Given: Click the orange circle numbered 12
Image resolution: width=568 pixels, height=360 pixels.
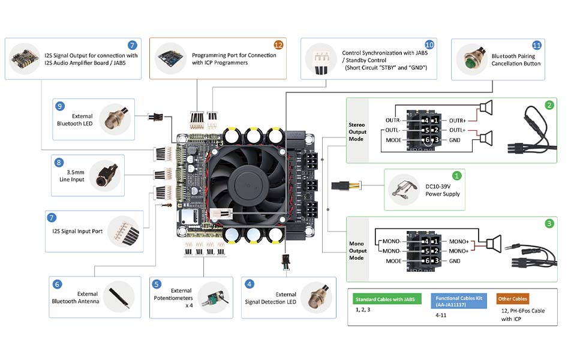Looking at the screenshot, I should coord(278,45).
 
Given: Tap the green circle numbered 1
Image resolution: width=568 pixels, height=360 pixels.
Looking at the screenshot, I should coord(457,176).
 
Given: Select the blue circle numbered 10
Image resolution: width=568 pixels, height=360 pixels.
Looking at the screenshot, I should coord(429,45).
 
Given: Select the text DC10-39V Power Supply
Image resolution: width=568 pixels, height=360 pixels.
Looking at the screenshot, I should coord(442,190).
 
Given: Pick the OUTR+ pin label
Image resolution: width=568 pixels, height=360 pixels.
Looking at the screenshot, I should coord(457,120).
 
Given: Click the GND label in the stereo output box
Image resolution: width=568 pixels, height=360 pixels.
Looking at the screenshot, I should coord(454,139).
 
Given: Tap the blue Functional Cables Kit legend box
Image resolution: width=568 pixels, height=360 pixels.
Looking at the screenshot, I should coord(458,301).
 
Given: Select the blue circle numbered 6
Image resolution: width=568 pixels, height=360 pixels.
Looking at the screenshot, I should coord(57,284).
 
